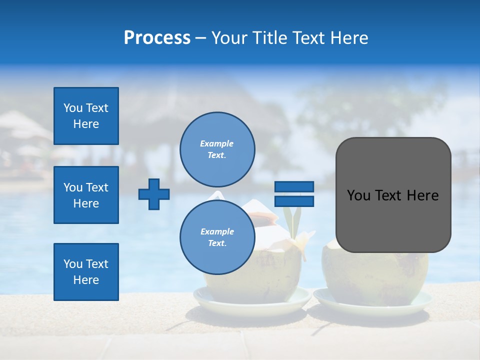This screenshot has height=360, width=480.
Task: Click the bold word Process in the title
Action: click(x=157, y=38)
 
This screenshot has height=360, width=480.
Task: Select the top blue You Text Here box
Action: click(x=86, y=116)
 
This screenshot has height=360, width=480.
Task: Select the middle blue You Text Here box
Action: click(x=86, y=195)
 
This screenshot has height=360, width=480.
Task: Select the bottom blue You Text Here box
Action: click(x=86, y=272)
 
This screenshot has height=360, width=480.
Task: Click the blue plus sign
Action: click(x=154, y=194)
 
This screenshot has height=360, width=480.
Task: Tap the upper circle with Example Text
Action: click(x=217, y=149)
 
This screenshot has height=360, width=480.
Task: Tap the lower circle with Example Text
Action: click(x=217, y=237)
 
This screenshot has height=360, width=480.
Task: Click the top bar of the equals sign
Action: click(x=294, y=187)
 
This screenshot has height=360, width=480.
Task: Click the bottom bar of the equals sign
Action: click(x=294, y=201)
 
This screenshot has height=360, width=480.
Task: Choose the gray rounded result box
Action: click(x=393, y=195)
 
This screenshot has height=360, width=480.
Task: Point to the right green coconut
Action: click(x=375, y=272)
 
